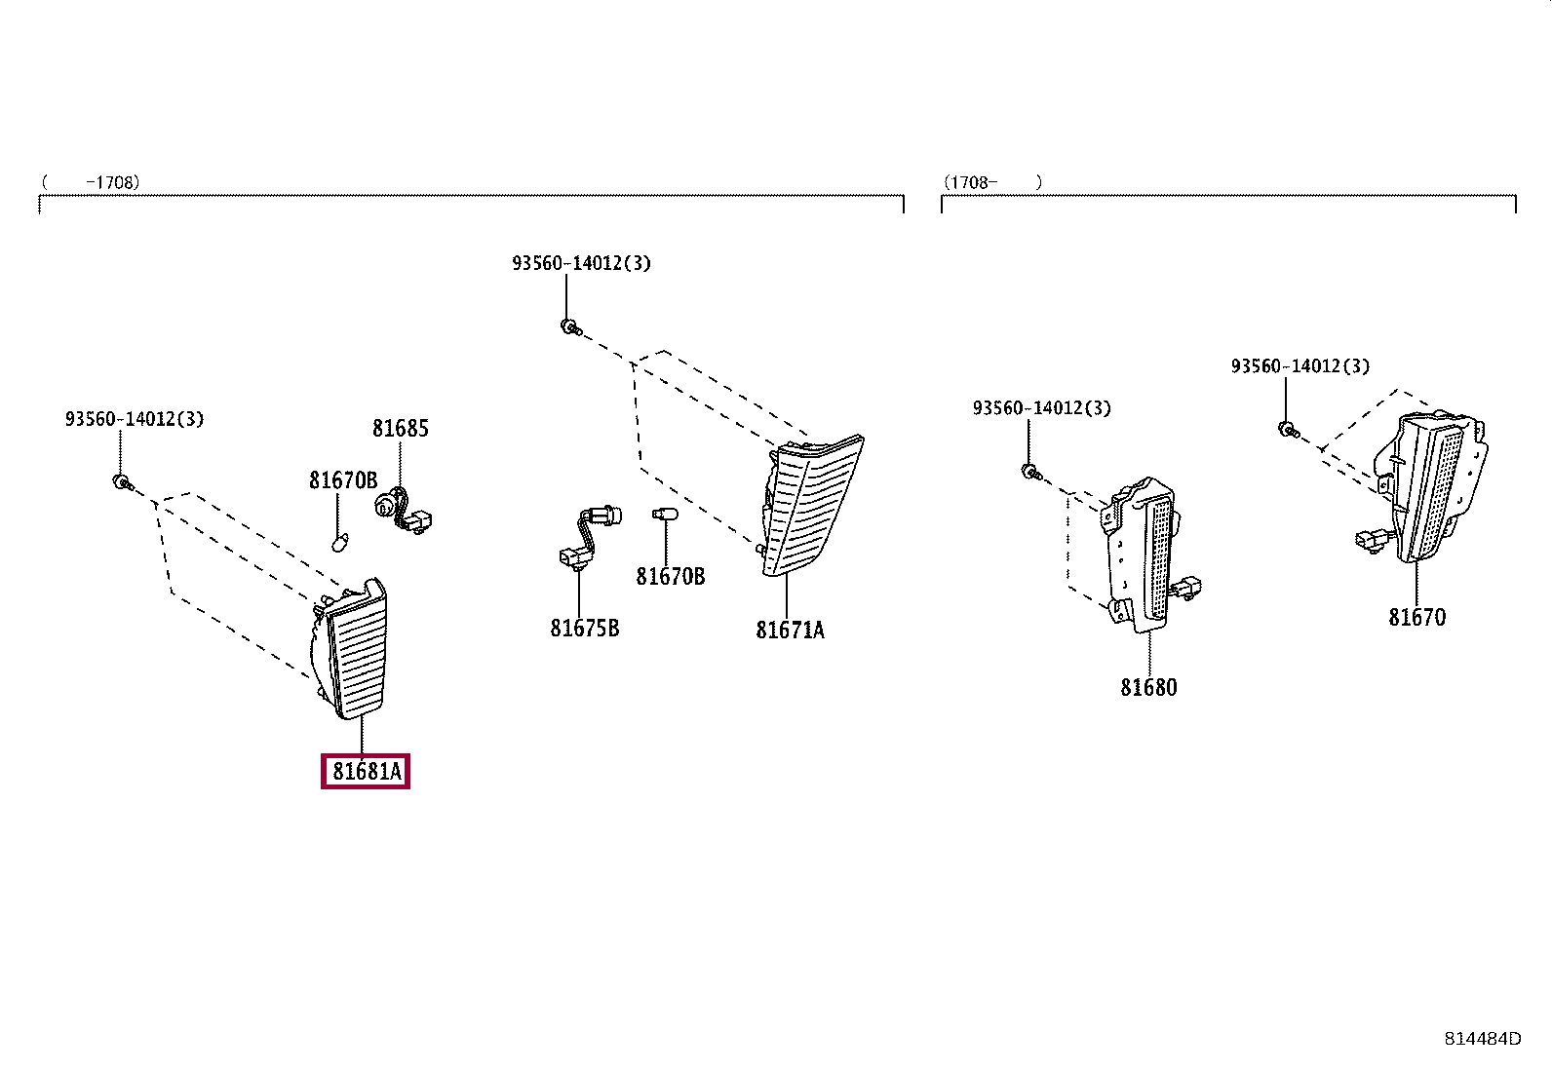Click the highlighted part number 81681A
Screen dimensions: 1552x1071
click(x=366, y=771)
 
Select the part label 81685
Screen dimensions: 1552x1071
click(x=401, y=429)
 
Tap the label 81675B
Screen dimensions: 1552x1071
click(x=585, y=629)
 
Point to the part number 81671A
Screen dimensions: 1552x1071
click(x=790, y=631)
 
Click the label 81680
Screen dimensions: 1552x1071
click(x=1148, y=687)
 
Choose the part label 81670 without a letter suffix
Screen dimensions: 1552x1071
click(x=1416, y=617)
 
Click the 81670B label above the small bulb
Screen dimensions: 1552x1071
click(x=344, y=480)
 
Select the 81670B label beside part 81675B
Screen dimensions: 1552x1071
click(x=671, y=576)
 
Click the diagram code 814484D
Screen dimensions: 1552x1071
click(x=1483, y=1039)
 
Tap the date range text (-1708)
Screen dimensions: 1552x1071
click(x=91, y=182)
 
